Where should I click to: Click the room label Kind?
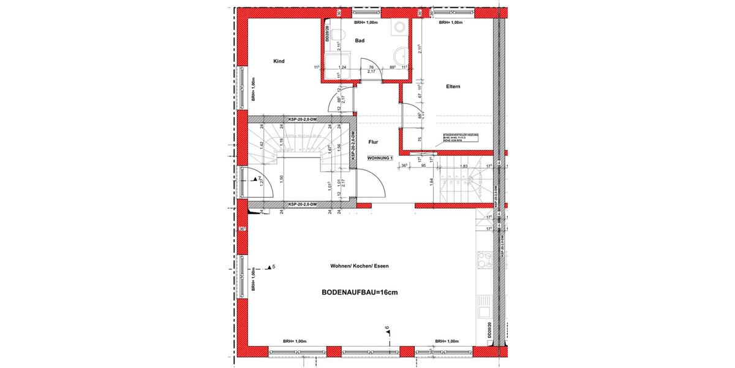click(x=279, y=61)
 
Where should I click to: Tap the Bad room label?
click(x=360, y=40)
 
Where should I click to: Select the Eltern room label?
click(x=453, y=86)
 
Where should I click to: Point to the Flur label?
click(x=373, y=142)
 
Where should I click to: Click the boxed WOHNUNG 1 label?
click(x=380, y=158)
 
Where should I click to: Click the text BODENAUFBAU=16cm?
click(x=360, y=293)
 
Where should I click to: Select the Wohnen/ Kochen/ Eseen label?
click(x=360, y=266)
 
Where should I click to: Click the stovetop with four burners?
click(x=484, y=261)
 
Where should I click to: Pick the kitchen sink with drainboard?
click(x=484, y=307)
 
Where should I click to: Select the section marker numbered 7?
click(x=257, y=179)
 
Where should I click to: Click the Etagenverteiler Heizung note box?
click(x=461, y=139)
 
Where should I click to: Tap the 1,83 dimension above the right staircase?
click(x=464, y=166)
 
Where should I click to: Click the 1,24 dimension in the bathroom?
click(x=343, y=67)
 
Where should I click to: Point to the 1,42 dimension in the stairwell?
click(x=262, y=144)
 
